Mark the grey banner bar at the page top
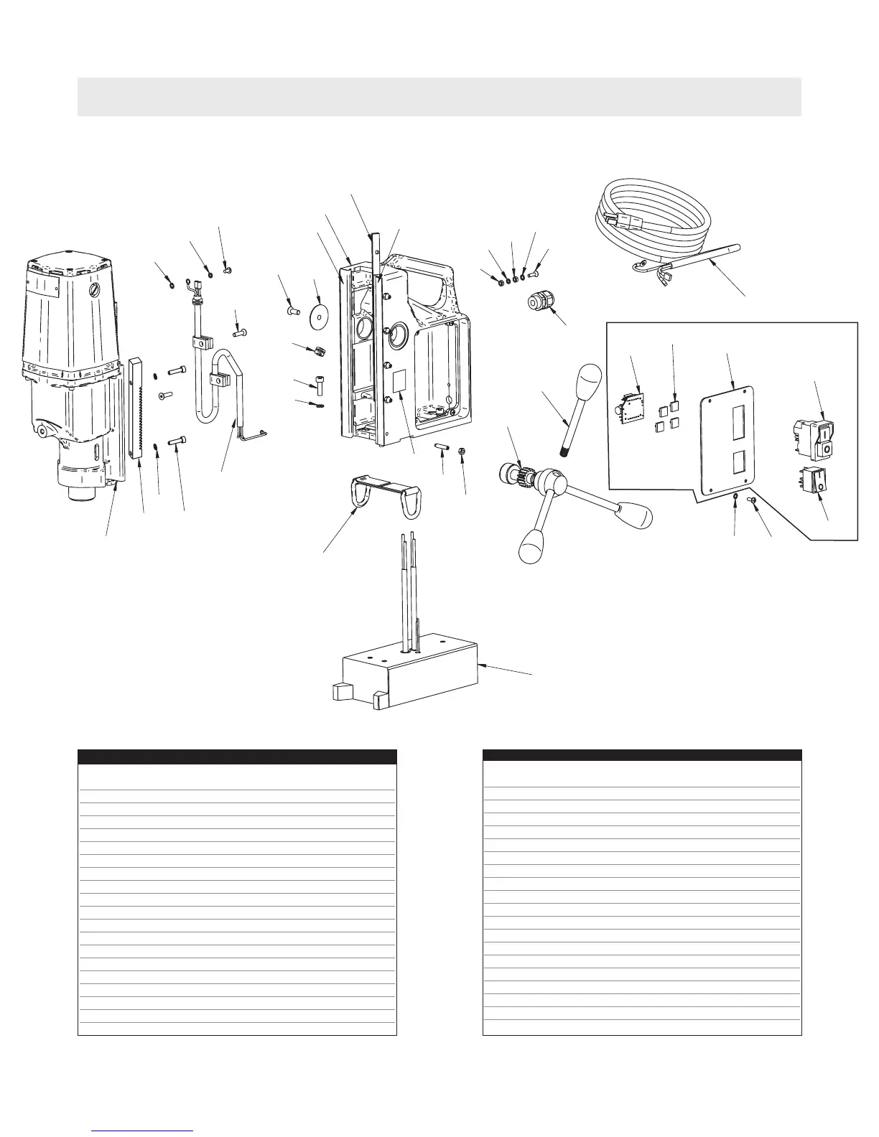pos(439,96)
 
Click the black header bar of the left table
pos(237,757)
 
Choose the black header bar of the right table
pos(642,755)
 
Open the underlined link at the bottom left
pos(144,1131)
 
